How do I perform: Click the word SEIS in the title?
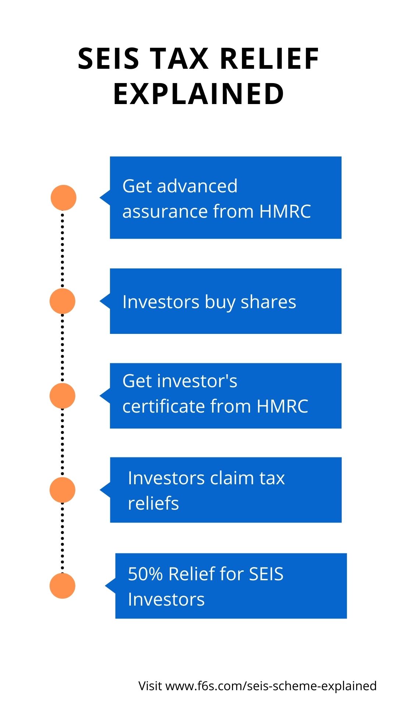tap(109, 59)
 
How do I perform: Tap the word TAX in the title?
tap(180, 59)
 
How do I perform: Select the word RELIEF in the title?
tap(270, 59)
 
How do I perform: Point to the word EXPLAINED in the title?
tap(198, 94)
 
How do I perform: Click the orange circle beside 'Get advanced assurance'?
tap(63, 198)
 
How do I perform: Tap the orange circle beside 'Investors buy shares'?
tap(62, 301)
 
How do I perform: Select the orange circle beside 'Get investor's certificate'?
tap(62, 396)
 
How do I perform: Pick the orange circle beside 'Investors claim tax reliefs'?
tap(62, 490)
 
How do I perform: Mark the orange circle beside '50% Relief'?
tap(62, 586)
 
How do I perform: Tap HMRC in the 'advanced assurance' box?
tap(285, 211)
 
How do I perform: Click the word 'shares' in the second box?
tap(268, 302)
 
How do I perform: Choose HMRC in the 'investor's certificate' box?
tap(282, 406)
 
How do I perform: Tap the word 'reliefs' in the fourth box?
tap(153, 503)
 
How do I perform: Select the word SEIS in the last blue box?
tap(266, 574)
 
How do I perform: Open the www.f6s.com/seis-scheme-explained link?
tap(271, 686)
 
